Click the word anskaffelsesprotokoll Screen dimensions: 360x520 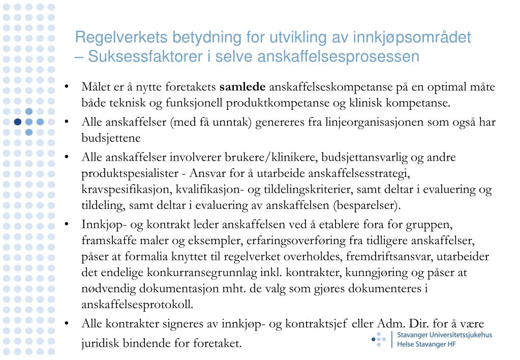click(x=137, y=305)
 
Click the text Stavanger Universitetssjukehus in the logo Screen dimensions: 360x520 click(x=445, y=335)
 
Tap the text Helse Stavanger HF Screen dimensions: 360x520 click(x=426, y=344)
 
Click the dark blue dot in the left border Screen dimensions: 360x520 click(x=18, y=122)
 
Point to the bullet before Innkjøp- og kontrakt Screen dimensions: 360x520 click(x=67, y=224)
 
